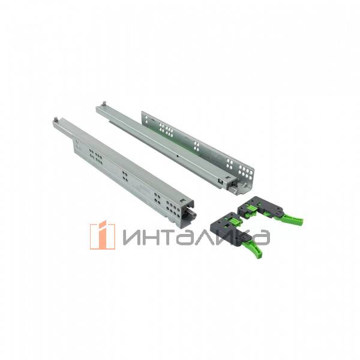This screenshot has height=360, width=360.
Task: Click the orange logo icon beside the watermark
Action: [103, 235]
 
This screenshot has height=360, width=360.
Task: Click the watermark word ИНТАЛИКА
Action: [196, 238]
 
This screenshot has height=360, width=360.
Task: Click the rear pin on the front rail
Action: [56, 119]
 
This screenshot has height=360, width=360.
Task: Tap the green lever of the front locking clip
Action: [256, 248]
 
